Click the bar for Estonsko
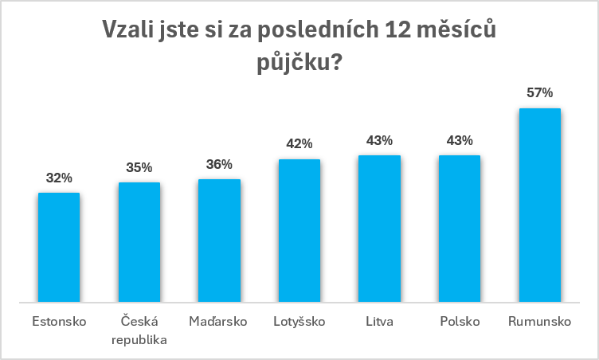pos(59,247)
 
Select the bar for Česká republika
pos(139,242)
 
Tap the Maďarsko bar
pos(219,241)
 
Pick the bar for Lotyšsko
pos(299,230)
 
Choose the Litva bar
pos(379,229)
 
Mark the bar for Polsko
pos(460,229)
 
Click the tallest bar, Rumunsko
pos(540,205)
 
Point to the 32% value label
pos(59,178)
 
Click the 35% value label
pos(139,167)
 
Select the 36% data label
pos(219,164)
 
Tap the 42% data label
pos(299,143)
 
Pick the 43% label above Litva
pos(379,141)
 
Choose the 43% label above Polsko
pos(460,141)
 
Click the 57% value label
pos(540,92)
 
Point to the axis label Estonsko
pos(59,322)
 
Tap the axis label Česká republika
pos(139,331)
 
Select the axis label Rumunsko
pos(540,322)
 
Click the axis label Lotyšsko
pos(299,321)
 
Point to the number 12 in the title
pos(397,29)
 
